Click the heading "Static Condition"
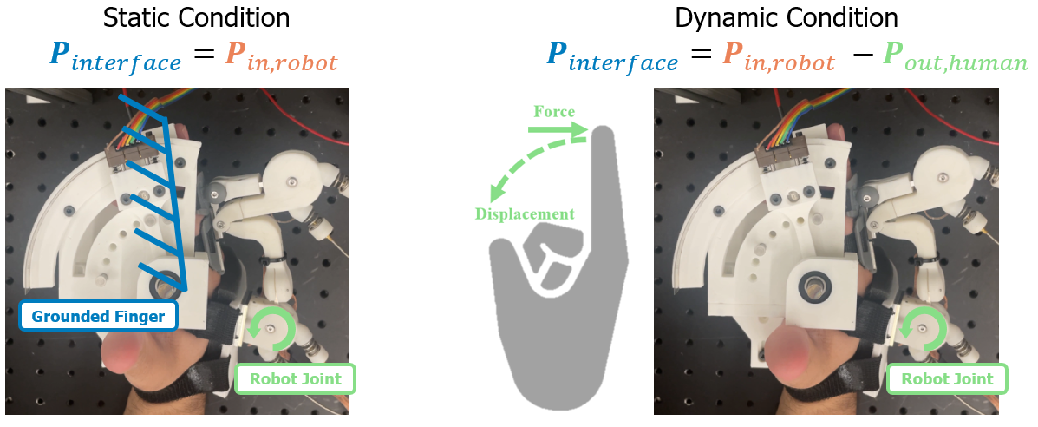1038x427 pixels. pyautogui.click(x=195, y=17)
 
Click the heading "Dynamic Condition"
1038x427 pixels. pyautogui.click(x=787, y=17)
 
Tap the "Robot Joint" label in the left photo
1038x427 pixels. pyautogui.click(x=295, y=378)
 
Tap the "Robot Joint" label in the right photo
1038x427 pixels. pyautogui.click(x=947, y=378)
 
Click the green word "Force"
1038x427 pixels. pyautogui.click(x=554, y=112)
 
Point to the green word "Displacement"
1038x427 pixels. pyautogui.click(x=524, y=213)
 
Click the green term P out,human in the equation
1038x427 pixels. pyautogui.click(x=954, y=59)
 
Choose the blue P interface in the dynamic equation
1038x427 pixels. pyautogui.click(x=611, y=59)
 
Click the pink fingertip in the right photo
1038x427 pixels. pyautogui.click(x=785, y=355)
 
